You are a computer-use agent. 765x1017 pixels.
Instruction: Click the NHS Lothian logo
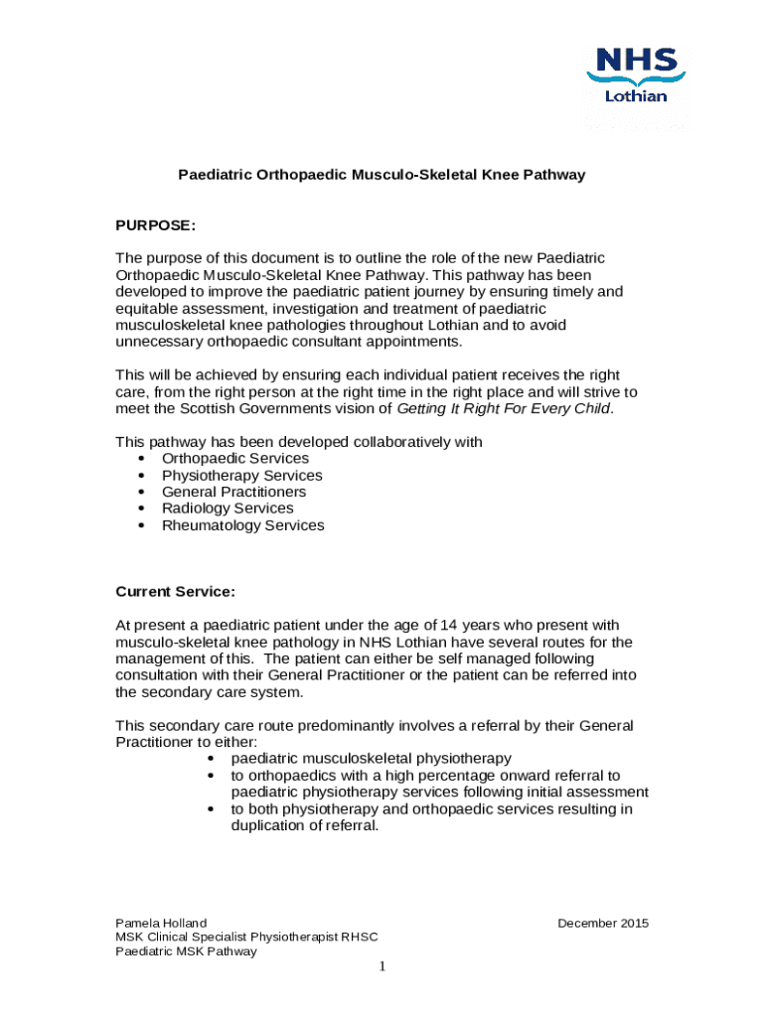(x=636, y=74)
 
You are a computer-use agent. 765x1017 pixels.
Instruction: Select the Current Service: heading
(x=175, y=592)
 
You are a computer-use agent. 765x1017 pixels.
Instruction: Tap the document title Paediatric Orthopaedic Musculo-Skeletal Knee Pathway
(x=382, y=175)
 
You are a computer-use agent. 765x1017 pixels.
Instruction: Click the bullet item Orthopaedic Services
(x=234, y=459)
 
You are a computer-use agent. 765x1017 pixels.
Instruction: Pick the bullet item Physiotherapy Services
(x=241, y=476)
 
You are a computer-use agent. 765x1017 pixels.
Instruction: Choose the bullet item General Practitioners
(x=233, y=492)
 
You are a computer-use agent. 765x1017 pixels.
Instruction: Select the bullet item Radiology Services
(x=228, y=508)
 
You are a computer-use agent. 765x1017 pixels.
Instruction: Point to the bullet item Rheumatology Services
(x=242, y=525)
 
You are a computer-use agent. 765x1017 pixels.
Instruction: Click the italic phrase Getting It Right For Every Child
(x=504, y=408)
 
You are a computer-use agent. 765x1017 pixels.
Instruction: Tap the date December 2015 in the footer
(x=602, y=924)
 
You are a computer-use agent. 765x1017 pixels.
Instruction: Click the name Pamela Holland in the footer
(x=161, y=924)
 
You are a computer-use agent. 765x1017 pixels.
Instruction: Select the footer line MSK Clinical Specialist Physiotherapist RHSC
(x=246, y=938)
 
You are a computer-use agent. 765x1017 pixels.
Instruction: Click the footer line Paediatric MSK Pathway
(x=186, y=951)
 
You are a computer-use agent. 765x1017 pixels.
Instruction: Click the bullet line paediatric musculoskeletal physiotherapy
(x=372, y=759)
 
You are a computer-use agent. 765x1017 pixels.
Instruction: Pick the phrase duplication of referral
(x=305, y=825)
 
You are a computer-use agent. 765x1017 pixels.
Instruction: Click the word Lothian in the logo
(x=636, y=96)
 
